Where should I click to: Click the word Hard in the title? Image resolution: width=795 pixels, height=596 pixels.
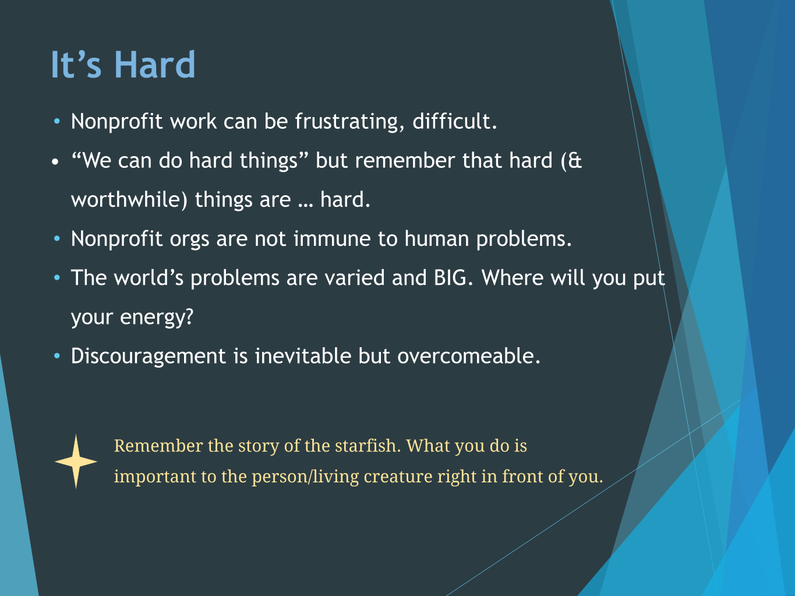[x=155, y=65]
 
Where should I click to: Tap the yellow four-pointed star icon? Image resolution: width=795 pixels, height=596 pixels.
[x=76, y=461]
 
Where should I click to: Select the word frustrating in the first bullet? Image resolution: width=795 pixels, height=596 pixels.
[x=349, y=121]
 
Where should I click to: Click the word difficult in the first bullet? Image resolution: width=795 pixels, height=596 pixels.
[x=454, y=121]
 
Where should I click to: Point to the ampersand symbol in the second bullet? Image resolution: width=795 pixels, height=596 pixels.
[x=575, y=160]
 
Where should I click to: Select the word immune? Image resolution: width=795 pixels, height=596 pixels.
[x=332, y=239]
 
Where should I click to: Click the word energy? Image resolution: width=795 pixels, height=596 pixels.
[x=157, y=318]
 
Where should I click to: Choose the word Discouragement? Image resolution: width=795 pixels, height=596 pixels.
[x=149, y=357]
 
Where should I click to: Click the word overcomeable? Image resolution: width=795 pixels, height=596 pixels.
[x=469, y=356]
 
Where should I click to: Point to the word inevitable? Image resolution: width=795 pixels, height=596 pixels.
[x=303, y=356]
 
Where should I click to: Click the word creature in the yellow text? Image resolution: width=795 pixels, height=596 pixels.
[x=398, y=477]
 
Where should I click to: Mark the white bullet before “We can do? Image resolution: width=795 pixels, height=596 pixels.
[x=55, y=161]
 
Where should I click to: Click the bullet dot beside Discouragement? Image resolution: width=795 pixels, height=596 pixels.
[x=57, y=356]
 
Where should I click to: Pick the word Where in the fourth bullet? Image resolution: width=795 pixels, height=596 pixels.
[x=513, y=278]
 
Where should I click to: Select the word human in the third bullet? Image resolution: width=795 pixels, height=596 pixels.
[x=437, y=239]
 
